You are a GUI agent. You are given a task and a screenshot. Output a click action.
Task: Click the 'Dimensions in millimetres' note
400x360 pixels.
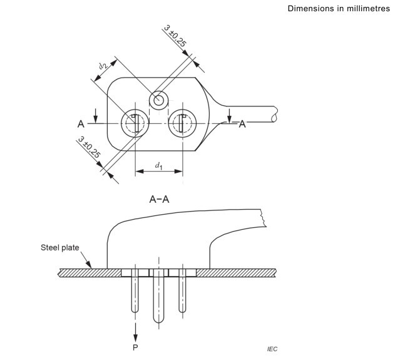click(339, 8)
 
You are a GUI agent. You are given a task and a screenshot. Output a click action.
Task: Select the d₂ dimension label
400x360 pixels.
click(103, 66)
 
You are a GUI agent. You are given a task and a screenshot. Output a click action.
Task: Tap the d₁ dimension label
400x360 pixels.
click(158, 166)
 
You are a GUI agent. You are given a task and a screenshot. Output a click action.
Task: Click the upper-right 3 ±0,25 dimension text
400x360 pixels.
click(175, 36)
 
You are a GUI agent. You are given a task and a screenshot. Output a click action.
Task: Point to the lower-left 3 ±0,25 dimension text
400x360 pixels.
click(90, 147)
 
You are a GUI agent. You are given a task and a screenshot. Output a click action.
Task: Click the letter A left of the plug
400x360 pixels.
click(81, 124)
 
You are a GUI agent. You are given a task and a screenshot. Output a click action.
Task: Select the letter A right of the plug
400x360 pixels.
click(242, 124)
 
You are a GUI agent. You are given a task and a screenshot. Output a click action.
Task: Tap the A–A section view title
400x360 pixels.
click(159, 199)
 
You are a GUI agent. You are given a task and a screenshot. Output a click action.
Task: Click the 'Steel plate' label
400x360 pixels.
click(60, 247)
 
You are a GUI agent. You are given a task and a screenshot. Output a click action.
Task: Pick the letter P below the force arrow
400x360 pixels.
click(135, 347)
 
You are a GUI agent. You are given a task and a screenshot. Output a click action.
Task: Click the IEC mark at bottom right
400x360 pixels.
click(272, 349)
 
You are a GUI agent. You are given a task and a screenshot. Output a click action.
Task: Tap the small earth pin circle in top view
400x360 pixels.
click(158, 100)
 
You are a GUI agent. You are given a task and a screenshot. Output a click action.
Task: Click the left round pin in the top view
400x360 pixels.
click(135, 123)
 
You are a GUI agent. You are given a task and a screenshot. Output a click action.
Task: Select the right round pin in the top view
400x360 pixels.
click(182, 123)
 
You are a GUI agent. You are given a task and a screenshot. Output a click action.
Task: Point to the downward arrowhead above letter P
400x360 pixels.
click(135, 337)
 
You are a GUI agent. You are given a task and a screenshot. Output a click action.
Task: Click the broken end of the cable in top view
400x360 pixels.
click(274, 114)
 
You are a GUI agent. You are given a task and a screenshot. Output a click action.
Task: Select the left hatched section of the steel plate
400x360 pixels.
click(90, 273)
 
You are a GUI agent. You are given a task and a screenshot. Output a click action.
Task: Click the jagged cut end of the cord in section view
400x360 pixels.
click(264, 218)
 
